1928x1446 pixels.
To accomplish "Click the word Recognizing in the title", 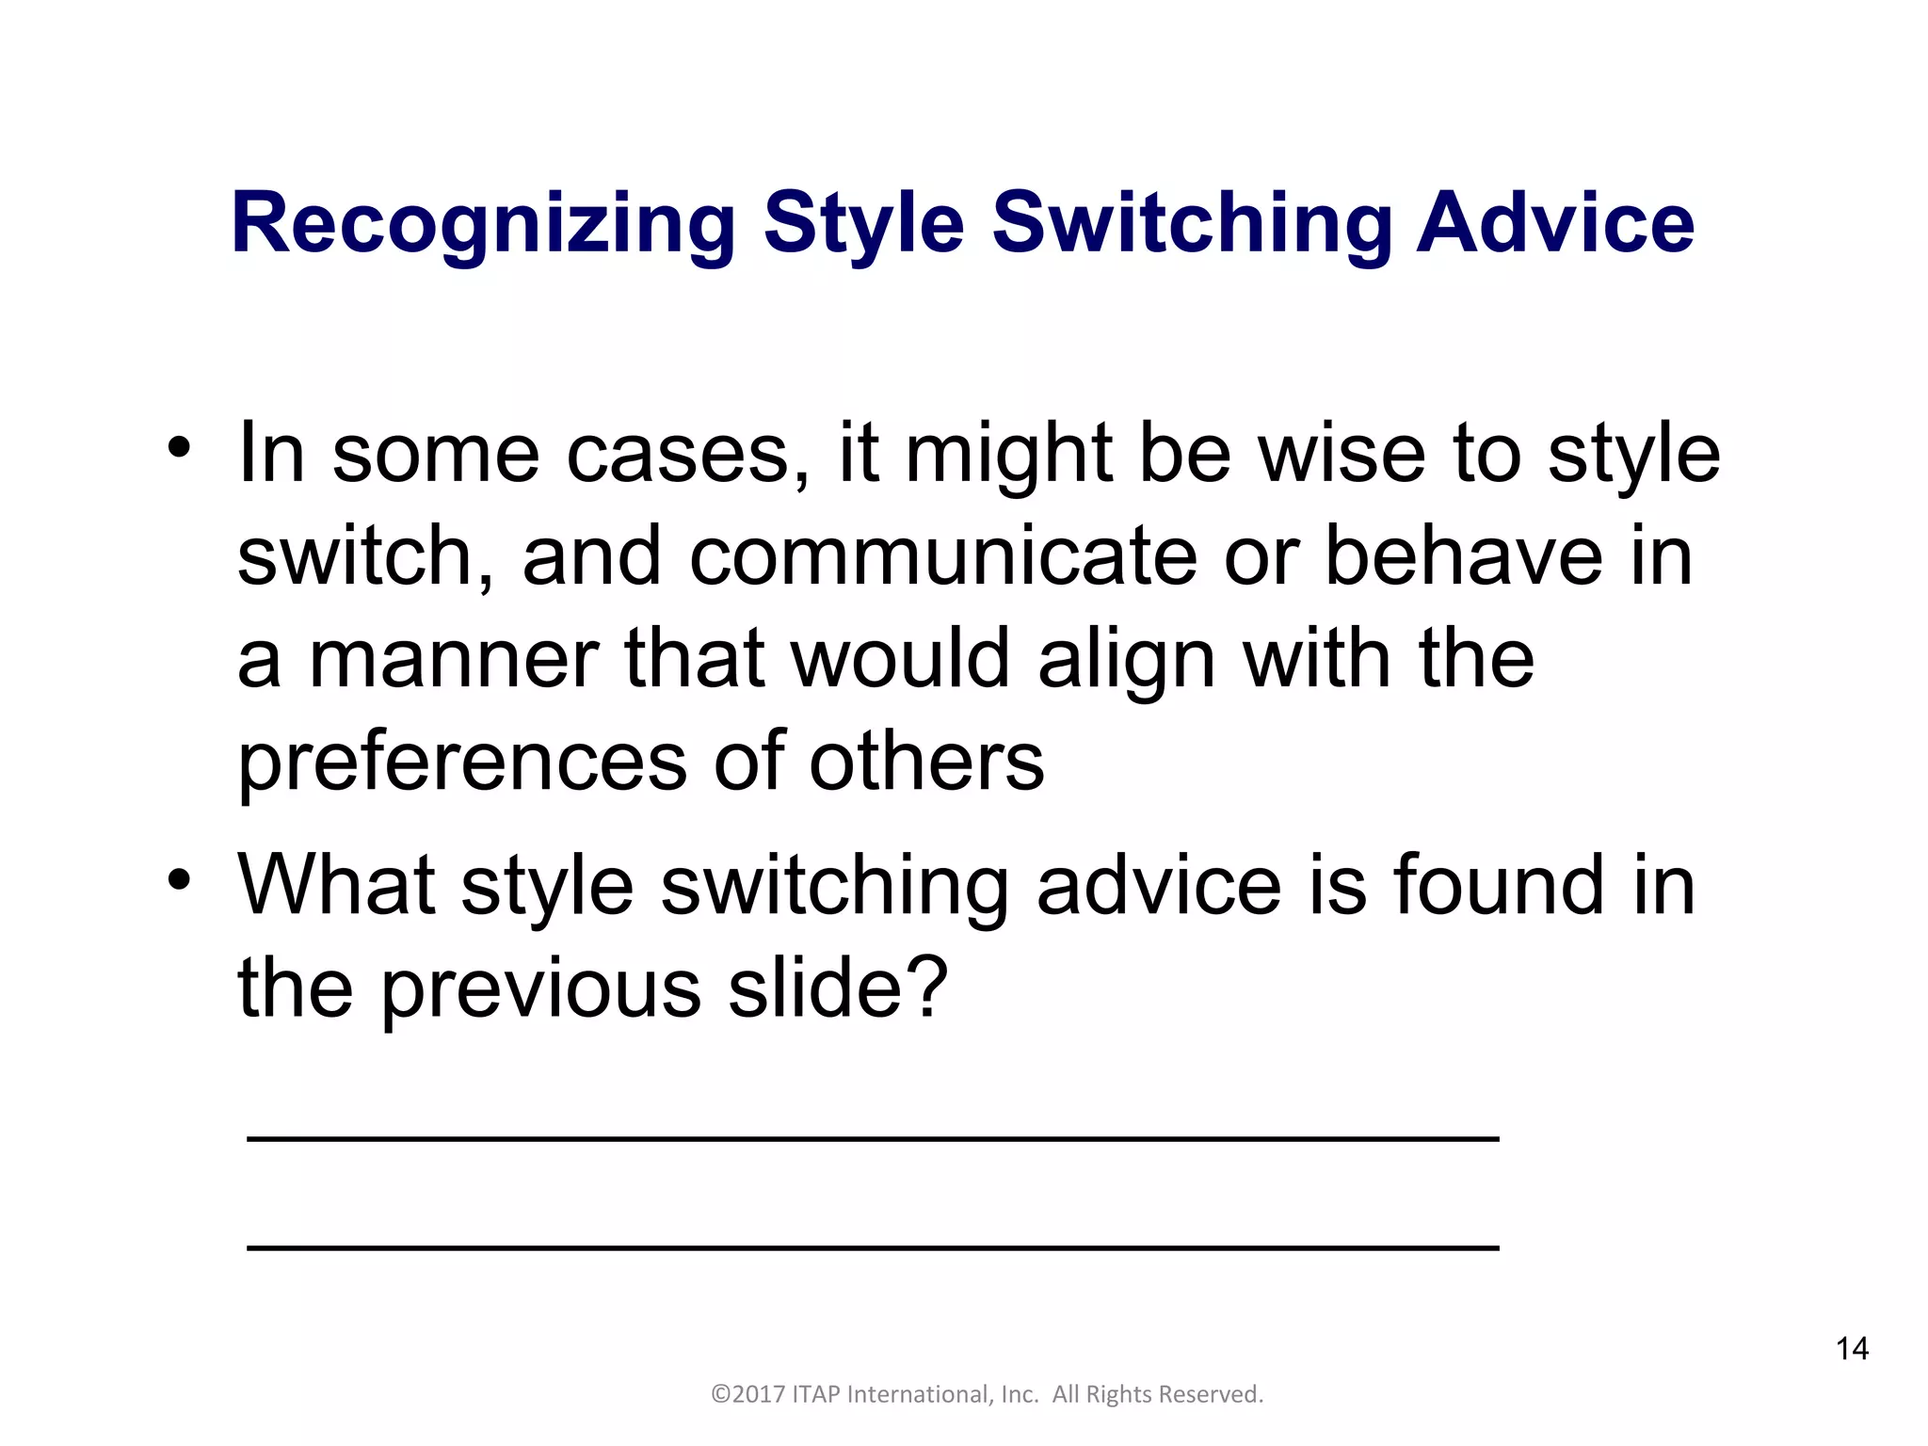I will click(483, 223).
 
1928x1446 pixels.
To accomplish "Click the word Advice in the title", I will click(1555, 223).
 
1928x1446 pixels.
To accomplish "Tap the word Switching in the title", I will click(1192, 223).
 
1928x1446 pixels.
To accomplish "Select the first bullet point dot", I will click(179, 448).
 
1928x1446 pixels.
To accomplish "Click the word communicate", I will click(942, 557).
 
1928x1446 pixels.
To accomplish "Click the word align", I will click(1126, 660).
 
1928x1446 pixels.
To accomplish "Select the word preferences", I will click(461, 763).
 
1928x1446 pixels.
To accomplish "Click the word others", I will click(926, 763).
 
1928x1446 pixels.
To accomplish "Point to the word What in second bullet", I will click(336, 886).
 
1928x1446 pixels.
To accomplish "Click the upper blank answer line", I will click(872, 1139).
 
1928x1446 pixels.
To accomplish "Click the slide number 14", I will click(1852, 1349).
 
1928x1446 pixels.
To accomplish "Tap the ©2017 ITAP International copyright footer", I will click(987, 1394).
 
